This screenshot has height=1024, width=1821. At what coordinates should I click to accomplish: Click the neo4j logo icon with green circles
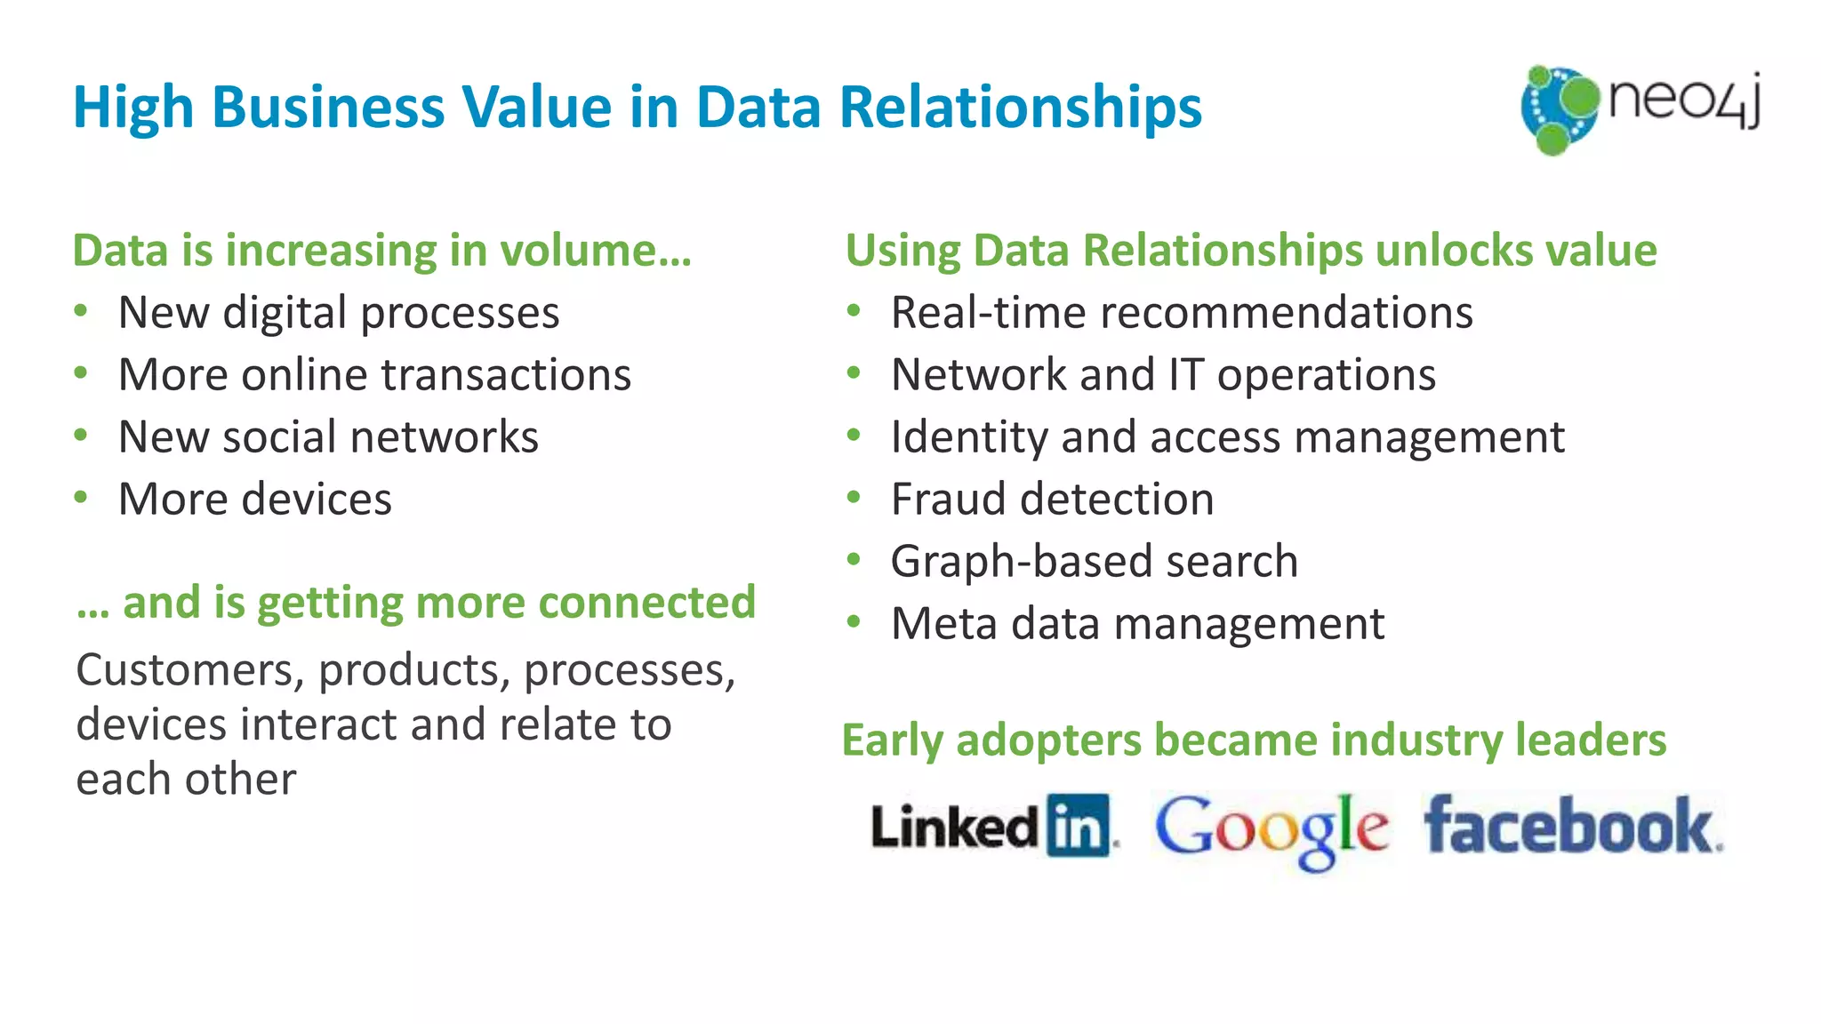(x=1559, y=108)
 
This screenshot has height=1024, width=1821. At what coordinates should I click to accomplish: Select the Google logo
(x=1271, y=828)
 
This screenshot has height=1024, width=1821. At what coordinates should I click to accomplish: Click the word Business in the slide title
(x=327, y=108)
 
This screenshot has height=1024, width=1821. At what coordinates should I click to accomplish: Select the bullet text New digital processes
(x=339, y=313)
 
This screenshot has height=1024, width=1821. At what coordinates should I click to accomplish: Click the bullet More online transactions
(x=374, y=375)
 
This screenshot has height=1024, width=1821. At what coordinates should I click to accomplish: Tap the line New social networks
(x=328, y=437)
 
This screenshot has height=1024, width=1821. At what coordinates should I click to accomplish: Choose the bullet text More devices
(x=255, y=500)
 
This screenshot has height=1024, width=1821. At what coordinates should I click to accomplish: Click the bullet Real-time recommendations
(x=1182, y=313)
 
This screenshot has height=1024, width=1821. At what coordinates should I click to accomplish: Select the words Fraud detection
(x=1052, y=500)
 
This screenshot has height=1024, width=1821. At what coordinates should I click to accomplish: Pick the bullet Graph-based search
(x=1095, y=562)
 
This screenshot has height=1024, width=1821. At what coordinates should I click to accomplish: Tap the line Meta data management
(x=1137, y=624)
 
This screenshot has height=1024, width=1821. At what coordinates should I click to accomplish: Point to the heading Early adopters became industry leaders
(x=1254, y=740)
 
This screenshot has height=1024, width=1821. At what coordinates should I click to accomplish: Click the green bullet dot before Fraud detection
(x=854, y=498)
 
